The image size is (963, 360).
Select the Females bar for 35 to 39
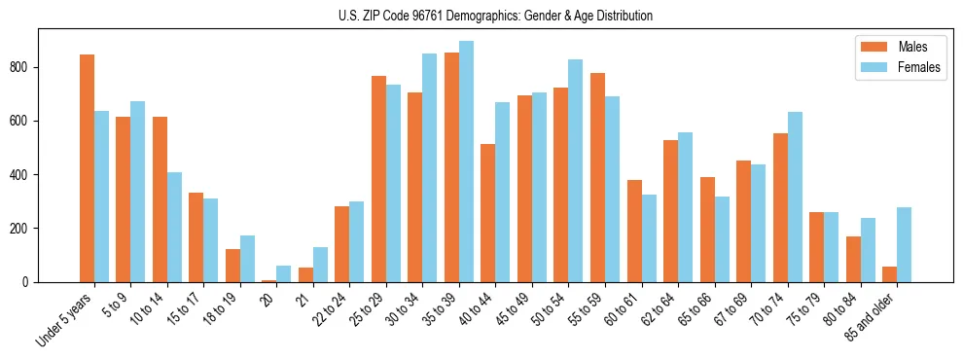pos(466,162)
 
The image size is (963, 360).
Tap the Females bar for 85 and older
pos(905,244)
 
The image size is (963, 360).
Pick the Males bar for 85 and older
pos(890,274)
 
